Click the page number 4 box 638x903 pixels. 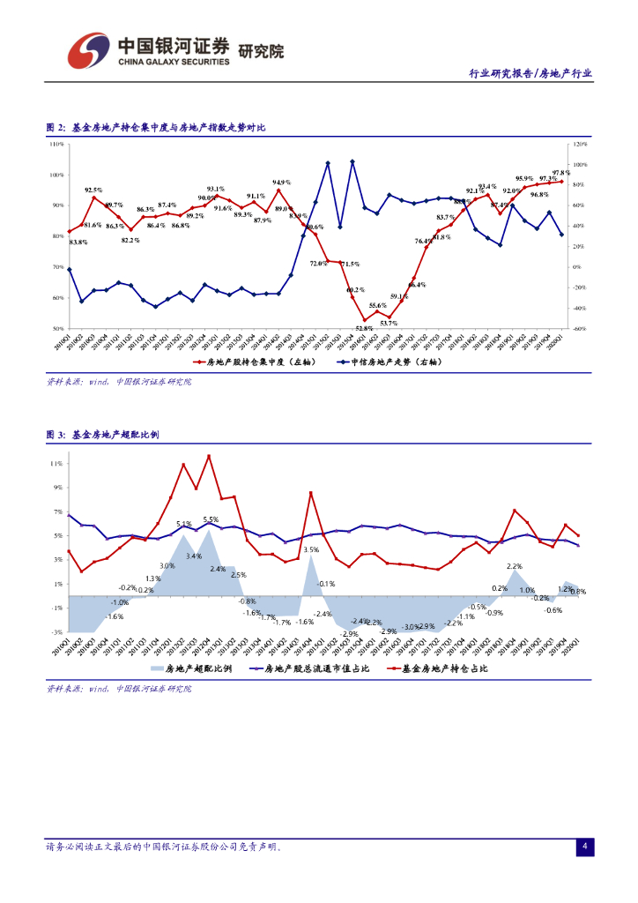(583, 847)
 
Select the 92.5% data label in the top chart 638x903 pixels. (93, 190)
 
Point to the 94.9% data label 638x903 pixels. (281, 182)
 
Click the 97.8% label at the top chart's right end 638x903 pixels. (561, 173)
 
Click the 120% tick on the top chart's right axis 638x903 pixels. (579, 143)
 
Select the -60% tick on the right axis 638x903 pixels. (579, 328)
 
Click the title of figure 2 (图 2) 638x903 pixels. (156, 128)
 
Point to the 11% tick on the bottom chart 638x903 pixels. (56, 463)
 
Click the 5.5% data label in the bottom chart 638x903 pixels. (211, 519)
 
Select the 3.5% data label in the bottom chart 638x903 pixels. (311, 549)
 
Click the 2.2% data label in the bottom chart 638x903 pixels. (515, 566)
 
